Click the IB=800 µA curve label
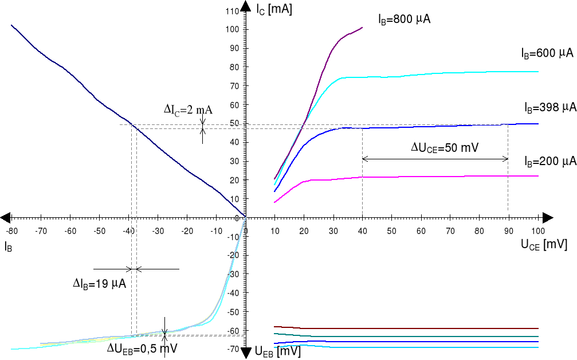coord(404,19)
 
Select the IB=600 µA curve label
coord(547,53)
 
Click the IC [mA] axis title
coord(274,9)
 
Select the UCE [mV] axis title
coord(544,245)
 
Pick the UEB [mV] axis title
coord(277,351)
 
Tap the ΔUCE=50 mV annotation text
coord(445,147)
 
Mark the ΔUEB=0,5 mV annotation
coord(142,348)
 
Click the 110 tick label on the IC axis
coord(231,11)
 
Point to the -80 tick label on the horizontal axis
coord(11,231)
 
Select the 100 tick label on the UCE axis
coord(538,231)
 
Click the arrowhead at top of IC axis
coord(245,6)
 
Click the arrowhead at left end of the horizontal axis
coord(5,218)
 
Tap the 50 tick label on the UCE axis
coord(391,231)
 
